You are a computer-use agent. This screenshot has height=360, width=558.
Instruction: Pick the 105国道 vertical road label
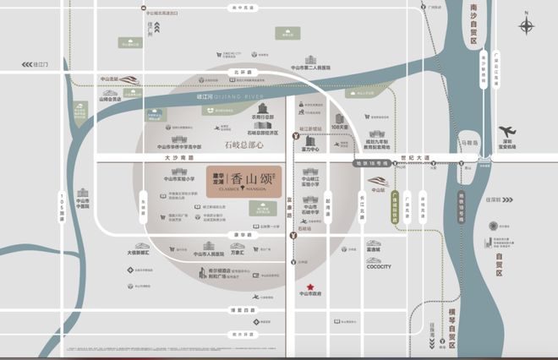pyautogui.click(x=62, y=207)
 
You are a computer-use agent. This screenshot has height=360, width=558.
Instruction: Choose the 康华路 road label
pyautogui.click(x=238, y=233)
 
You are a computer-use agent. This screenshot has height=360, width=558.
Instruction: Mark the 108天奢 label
pyautogui.click(x=340, y=128)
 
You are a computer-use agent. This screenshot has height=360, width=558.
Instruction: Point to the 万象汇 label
pyautogui.click(x=238, y=253)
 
